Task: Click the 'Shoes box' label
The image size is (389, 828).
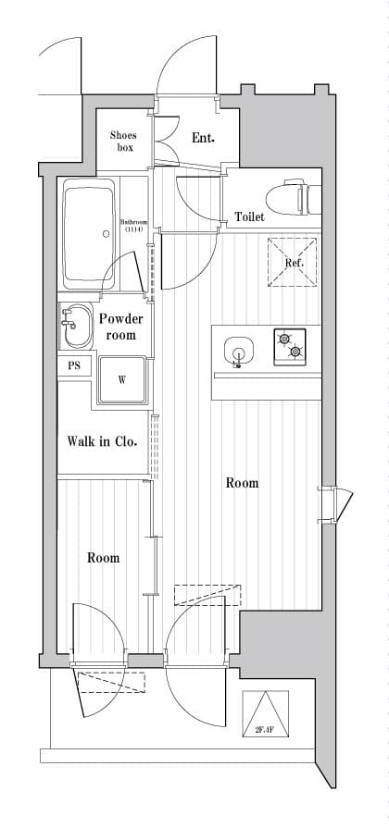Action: click(x=123, y=141)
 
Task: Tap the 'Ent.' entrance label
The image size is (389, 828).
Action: click(x=203, y=139)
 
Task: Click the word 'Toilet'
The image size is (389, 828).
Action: click(x=249, y=217)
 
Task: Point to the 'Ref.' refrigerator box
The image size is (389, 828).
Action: click(x=295, y=263)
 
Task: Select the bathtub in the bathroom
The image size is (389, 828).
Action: click(x=89, y=235)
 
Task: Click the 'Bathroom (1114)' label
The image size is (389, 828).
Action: click(x=135, y=226)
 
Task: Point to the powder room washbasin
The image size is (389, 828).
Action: click(x=73, y=320)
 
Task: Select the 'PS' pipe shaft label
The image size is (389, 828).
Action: click(x=73, y=365)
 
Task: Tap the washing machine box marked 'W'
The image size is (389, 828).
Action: click(x=121, y=380)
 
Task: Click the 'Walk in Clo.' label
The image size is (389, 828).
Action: click(x=102, y=441)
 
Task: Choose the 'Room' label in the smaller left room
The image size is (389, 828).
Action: click(x=103, y=558)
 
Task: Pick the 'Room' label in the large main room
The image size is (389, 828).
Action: click(x=242, y=483)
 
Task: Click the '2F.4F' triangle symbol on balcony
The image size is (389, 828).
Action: click(x=265, y=713)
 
